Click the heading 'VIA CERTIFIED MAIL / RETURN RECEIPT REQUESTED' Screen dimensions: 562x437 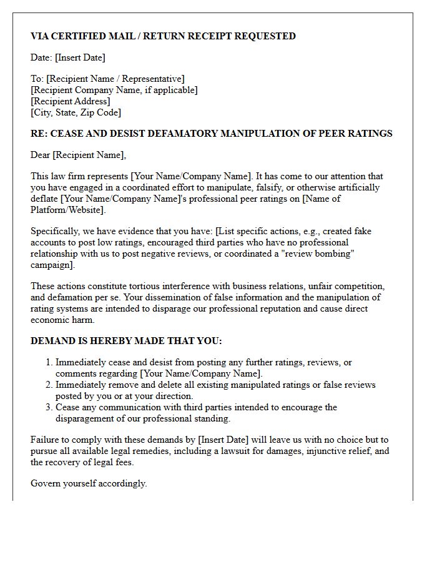[x=163, y=36]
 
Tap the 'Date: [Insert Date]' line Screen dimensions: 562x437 [x=68, y=57]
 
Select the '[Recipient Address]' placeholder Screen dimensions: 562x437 [x=71, y=101]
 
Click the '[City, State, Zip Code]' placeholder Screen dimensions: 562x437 [x=76, y=112]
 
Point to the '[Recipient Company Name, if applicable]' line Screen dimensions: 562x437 [x=114, y=90]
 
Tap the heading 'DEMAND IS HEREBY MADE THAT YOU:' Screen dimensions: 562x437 [x=126, y=341]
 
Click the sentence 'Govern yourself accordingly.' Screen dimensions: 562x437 [x=89, y=483]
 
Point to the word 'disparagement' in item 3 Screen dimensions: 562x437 [x=85, y=418]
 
